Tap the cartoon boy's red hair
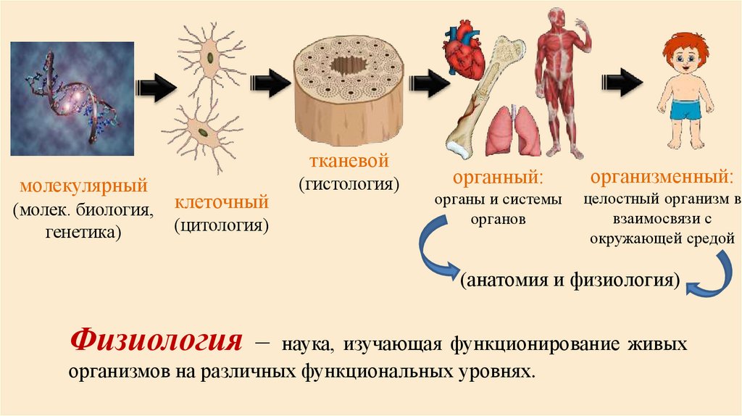(x=685, y=45)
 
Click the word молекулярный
(x=83, y=186)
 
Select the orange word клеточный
(x=221, y=201)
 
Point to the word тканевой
(x=349, y=159)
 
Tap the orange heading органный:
(x=498, y=178)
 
